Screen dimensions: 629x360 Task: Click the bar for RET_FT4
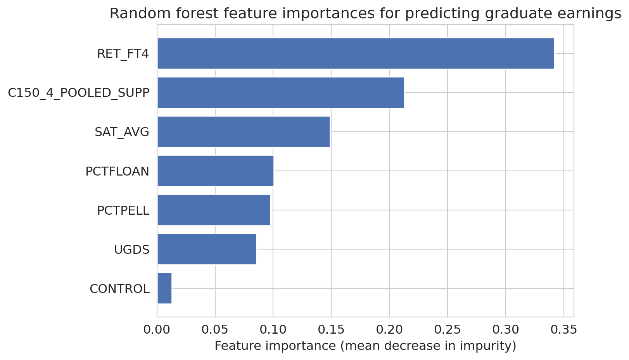[x=356, y=53]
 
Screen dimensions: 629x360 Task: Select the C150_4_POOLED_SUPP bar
[x=281, y=93]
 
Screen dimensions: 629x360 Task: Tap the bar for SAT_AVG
[x=244, y=132]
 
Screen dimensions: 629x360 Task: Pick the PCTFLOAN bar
[x=215, y=171]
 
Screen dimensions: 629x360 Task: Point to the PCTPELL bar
[x=214, y=210]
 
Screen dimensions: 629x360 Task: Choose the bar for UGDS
[x=207, y=249]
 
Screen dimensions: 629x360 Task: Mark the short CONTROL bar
[x=164, y=288]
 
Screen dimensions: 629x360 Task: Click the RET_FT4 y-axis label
[x=123, y=54]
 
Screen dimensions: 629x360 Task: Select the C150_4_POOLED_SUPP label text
[x=79, y=93]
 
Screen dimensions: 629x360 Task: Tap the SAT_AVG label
[x=122, y=132]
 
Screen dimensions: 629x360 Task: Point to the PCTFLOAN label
[x=118, y=171]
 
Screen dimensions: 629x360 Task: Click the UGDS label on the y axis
[x=132, y=250]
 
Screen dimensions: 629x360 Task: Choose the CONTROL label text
[x=119, y=289]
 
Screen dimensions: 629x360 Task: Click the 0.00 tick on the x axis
[x=157, y=330]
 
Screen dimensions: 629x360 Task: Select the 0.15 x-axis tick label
[x=331, y=330]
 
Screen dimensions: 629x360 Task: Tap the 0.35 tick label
[x=563, y=330]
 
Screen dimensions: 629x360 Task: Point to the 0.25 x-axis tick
[x=448, y=330]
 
